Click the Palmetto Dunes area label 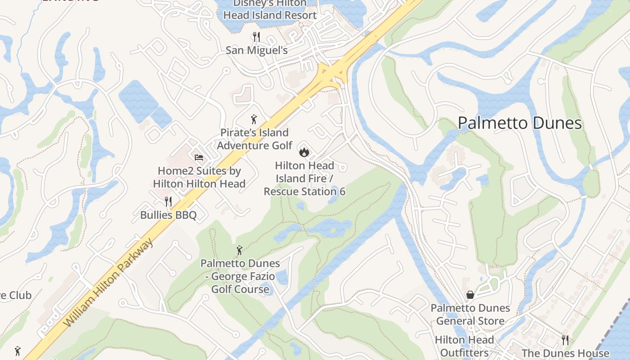coord(520,123)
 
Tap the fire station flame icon coord(304,152)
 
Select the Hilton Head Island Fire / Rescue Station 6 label coord(305,179)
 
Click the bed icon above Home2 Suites coord(199,157)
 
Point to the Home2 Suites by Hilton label coord(199,177)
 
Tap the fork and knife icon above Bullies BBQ coord(168,201)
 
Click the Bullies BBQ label coord(168,215)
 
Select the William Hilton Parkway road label coord(108,283)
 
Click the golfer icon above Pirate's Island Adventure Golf coord(254,119)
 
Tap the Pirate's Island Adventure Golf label coord(254,139)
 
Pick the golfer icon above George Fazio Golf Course coord(240,250)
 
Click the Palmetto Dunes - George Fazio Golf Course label coord(240,276)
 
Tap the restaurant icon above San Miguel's coord(256,36)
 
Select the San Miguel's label coord(256,50)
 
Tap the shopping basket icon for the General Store coord(470,295)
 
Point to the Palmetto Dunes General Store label coord(470,315)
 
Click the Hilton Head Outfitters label coord(464,346)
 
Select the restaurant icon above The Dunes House coord(565,340)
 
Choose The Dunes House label coord(565,353)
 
